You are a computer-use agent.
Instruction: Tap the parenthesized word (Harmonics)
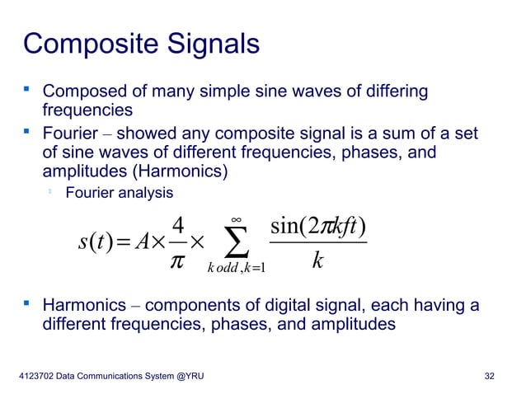coord(176,173)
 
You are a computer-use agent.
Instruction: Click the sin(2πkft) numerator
coord(317,224)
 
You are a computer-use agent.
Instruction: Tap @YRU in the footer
coord(186,377)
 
